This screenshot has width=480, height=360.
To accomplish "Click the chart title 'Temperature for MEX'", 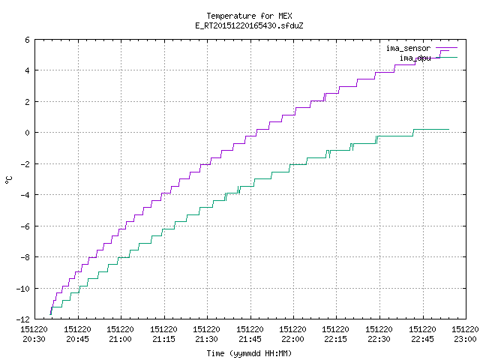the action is click(249, 16).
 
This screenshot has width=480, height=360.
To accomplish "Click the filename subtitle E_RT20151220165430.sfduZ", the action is click(249, 25).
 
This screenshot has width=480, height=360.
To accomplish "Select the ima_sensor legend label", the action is click(408, 48).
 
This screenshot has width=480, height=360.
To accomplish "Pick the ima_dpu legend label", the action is click(415, 58).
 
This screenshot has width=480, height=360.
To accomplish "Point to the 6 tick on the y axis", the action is click(28, 40).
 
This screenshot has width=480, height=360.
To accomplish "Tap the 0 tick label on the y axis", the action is click(28, 133).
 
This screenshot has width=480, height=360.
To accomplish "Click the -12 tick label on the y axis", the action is click(23, 319).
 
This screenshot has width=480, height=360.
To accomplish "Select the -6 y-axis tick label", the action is click(25, 226).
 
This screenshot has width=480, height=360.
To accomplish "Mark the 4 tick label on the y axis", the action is click(28, 70).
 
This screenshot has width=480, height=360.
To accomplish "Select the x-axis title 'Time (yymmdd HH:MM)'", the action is click(249, 353).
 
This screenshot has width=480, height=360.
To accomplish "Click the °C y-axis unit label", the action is click(9, 180).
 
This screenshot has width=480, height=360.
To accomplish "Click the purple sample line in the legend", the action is click(447, 48).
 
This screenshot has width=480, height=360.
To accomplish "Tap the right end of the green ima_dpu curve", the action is click(448, 130).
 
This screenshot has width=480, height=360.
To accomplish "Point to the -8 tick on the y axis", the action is click(25, 257).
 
